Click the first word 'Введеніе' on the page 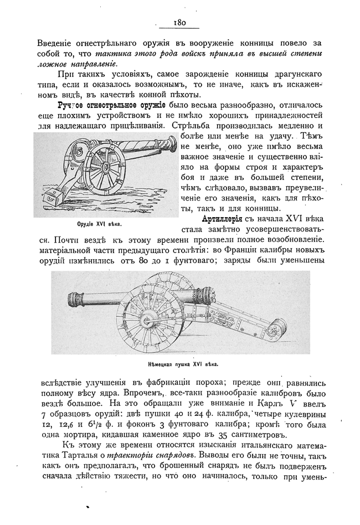coord(58,42)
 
